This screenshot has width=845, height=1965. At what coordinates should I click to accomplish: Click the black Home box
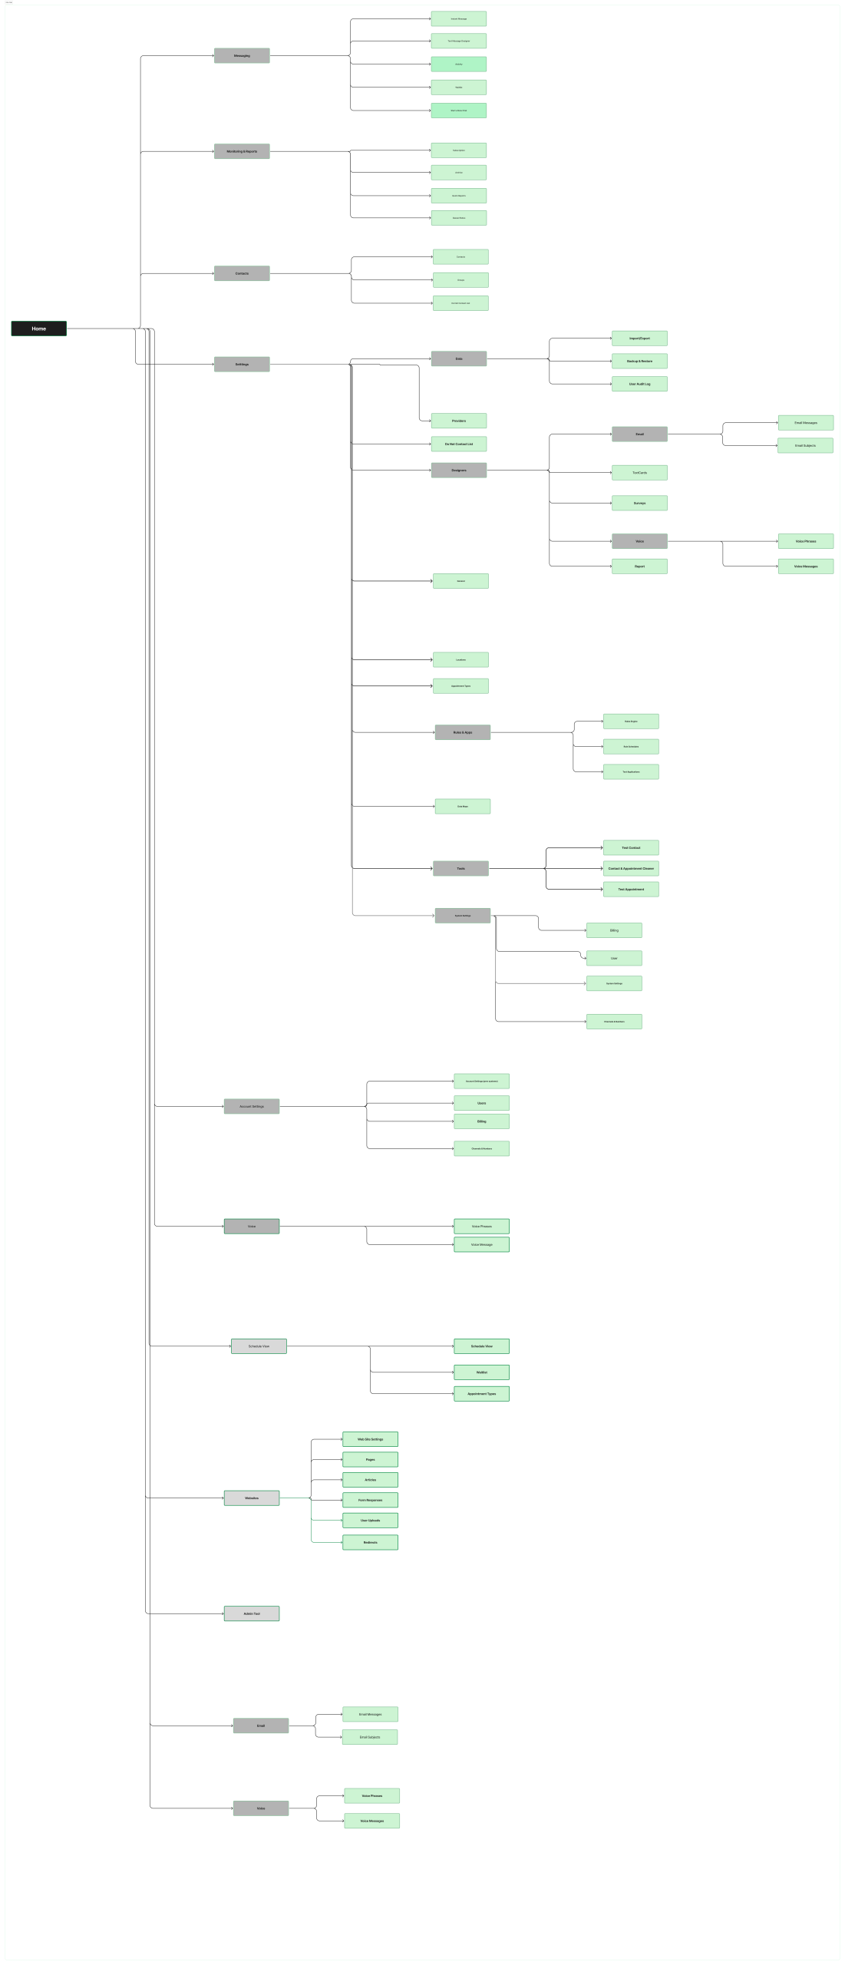[38, 329]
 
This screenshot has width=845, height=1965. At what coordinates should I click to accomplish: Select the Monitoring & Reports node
[242, 151]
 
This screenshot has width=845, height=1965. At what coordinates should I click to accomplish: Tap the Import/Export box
[639, 339]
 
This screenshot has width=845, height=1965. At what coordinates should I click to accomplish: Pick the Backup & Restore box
[639, 361]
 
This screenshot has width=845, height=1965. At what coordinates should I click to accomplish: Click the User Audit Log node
[639, 384]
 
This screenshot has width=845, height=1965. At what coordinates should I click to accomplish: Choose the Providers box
[459, 421]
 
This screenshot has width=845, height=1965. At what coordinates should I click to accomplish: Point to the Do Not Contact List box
[459, 444]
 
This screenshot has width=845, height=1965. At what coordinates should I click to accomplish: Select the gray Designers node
[459, 470]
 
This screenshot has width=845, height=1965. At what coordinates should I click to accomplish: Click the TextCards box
[639, 473]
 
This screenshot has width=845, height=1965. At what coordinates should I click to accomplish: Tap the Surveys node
[639, 504]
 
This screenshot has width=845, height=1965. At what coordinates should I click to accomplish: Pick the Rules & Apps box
[463, 732]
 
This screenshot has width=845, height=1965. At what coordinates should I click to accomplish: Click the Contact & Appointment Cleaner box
[631, 869]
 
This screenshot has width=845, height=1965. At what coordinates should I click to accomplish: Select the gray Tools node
[460, 869]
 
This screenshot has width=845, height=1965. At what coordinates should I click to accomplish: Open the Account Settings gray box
[252, 1106]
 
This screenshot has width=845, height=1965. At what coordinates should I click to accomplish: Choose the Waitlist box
[481, 1372]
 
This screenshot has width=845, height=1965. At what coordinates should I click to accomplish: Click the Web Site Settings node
[370, 1439]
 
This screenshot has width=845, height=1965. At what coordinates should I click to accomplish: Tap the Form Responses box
[370, 1500]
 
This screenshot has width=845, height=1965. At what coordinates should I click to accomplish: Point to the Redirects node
[370, 1542]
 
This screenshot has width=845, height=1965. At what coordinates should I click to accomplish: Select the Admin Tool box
[252, 1613]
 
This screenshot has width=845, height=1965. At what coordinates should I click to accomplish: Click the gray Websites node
[252, 1498]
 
